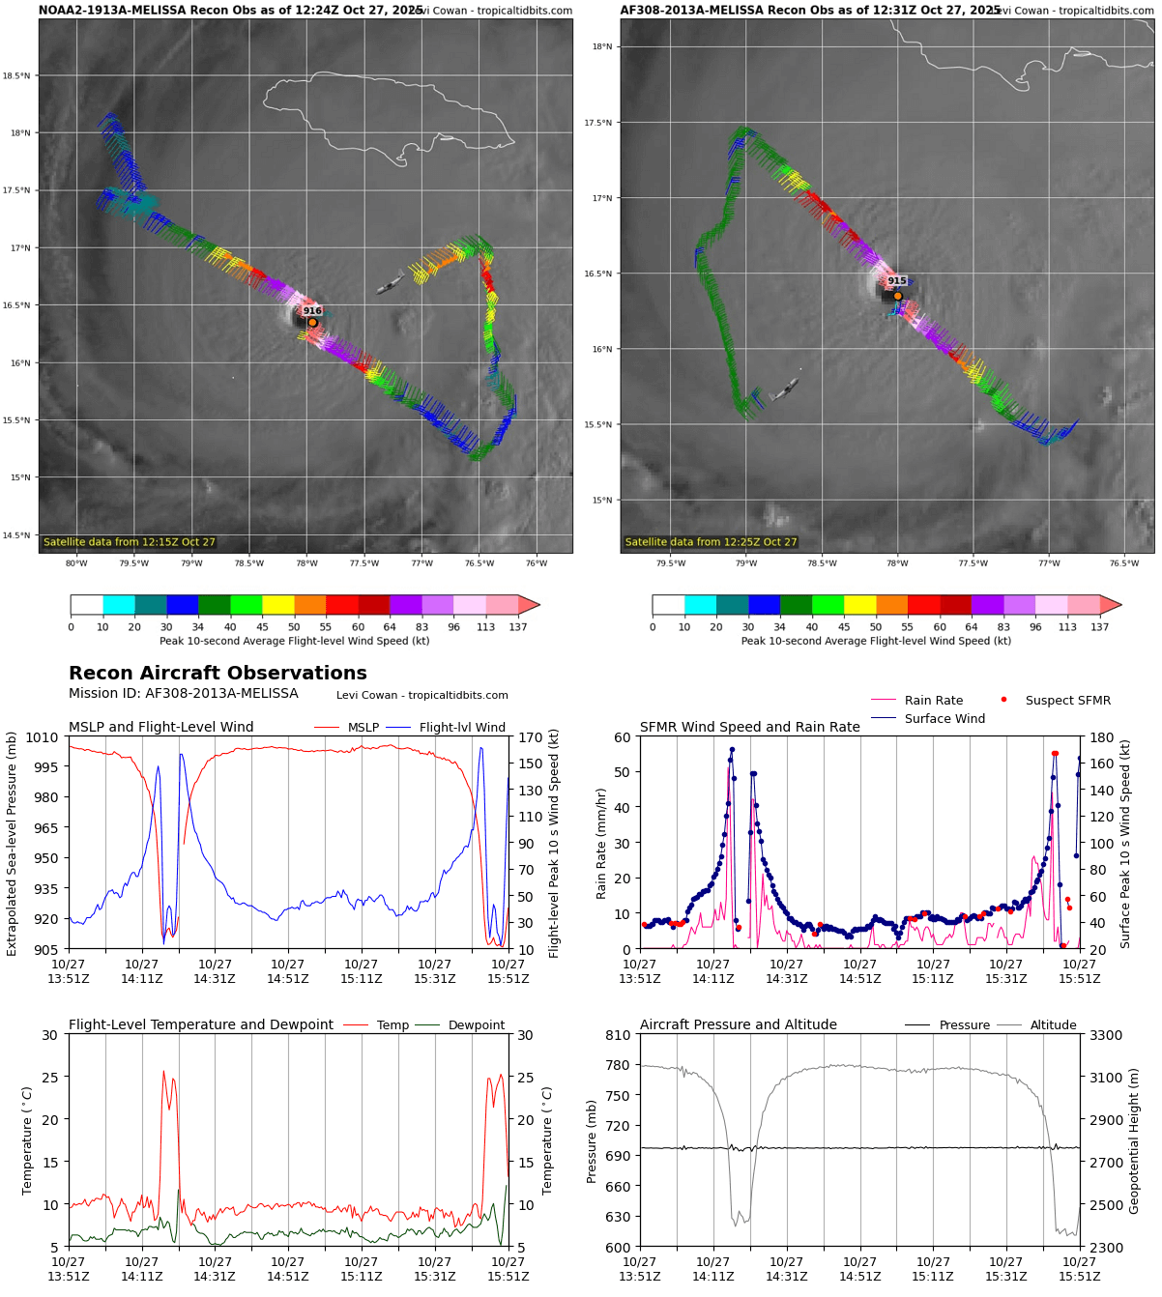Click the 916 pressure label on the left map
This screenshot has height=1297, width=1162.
(x=312, y=311)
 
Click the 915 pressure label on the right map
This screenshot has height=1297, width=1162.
(x=897, y=281)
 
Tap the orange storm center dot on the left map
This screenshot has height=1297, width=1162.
(x=312, y=323)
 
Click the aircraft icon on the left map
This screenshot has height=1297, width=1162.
(x=391, y=283)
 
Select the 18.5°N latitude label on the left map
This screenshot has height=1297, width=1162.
(x=16, y=75)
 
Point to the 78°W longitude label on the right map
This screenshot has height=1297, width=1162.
(x=897, y=563)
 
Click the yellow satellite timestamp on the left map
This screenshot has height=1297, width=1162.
(x=130, y=542)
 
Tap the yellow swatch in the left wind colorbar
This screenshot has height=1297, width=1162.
(x=278, y=605)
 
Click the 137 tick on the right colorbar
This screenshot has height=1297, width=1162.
(x=1100, y=627)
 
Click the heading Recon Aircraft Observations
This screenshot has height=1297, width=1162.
(x=218, y=674)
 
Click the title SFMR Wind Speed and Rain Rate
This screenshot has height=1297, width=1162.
(x=749, y=728)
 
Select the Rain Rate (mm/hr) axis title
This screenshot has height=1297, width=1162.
(x=601, y=844)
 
